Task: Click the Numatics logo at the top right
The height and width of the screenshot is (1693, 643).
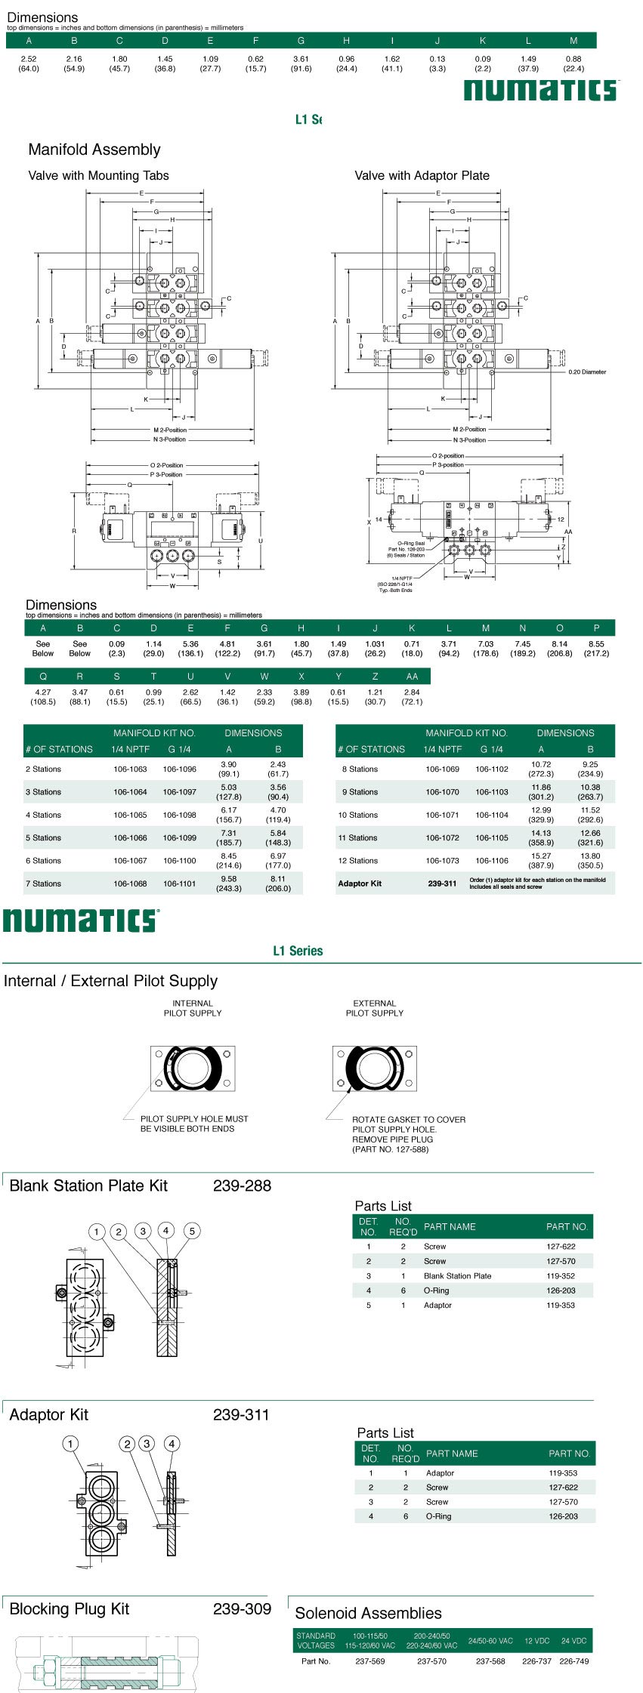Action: [x=541, y=91]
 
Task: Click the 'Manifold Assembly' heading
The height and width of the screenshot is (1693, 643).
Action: [x=94, y=150]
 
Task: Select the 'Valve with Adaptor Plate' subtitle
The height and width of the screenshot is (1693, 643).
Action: [x=422, y=175]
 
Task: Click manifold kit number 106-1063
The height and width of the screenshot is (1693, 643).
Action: [x=130, y=769]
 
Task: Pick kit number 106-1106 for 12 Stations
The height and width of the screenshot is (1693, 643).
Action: [x=491, y=861]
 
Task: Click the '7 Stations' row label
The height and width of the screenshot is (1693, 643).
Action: [x=43, y=884]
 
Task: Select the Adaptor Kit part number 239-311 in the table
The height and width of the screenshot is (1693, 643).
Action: [x=442, y=884]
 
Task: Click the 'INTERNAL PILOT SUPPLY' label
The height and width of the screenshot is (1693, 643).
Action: [x=193, y=1008]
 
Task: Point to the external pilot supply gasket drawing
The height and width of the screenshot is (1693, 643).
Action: [x=374, y=1069]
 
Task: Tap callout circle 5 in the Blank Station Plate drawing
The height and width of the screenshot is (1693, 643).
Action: [x=192, y=1232]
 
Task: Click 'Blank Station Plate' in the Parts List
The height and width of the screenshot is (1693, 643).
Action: [x=457, y=1276]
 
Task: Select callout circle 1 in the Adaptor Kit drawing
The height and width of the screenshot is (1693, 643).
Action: [x=70, y=1444]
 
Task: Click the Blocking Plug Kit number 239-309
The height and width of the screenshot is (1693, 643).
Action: [x=242, y=1608]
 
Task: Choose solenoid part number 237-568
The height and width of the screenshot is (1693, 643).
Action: [x=490, y=1661]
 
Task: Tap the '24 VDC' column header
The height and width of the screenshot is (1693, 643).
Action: [x=573, y=1641]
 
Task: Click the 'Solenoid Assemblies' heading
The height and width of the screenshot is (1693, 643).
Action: [x=368, y=1613]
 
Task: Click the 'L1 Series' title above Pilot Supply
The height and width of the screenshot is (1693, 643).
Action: [x=298, y=951]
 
